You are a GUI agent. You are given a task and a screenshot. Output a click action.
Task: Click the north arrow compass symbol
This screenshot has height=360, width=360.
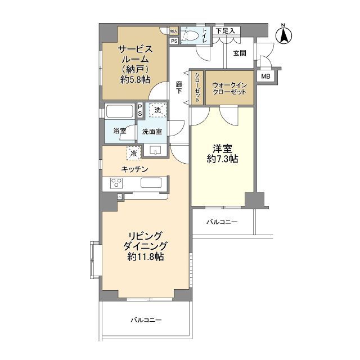(x=283, y=34)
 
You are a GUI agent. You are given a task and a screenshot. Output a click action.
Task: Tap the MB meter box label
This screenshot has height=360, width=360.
(x=265, y=76)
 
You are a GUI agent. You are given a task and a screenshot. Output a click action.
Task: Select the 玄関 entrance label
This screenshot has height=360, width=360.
(x=240, y=53)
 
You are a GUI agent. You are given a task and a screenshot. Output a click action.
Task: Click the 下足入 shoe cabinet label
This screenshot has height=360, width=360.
(x=226, y=31)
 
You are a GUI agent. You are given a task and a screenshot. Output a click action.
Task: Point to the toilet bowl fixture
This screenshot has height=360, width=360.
(x=192, y=36)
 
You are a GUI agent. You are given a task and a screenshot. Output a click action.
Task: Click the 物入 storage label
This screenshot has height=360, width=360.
(x=174, y=31)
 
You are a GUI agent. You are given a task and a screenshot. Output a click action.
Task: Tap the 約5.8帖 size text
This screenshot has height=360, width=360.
(x=135, y=80)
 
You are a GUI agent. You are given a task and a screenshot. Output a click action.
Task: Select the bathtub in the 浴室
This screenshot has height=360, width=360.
(x=120, y=111)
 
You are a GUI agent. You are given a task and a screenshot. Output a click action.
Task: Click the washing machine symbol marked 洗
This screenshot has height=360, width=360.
(x=157, y=110)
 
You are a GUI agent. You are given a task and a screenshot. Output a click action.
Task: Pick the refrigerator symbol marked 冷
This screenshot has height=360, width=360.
(x=133, y=152)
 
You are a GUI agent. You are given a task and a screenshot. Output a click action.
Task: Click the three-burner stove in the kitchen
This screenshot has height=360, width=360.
(x=116, y=183)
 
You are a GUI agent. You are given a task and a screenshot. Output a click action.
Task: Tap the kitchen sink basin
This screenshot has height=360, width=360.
(x=151, y=183)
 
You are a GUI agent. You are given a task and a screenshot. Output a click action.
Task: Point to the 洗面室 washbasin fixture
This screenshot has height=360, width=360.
(x=156, y=150)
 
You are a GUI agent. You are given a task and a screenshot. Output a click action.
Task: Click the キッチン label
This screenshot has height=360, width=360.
(x=134, y=169)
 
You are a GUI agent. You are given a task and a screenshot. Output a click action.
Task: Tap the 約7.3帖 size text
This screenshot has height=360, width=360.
(x=222, y=159)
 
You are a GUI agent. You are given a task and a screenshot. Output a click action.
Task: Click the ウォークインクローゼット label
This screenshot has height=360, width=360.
(x=229, y=89)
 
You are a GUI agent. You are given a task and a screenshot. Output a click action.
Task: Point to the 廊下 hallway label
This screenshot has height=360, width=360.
(x=179, y=88)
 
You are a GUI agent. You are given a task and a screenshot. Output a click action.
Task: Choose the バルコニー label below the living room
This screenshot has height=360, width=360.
(x=146, y=320)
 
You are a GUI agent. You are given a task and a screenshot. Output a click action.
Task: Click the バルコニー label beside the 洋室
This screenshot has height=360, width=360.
(x=222, y=222)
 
